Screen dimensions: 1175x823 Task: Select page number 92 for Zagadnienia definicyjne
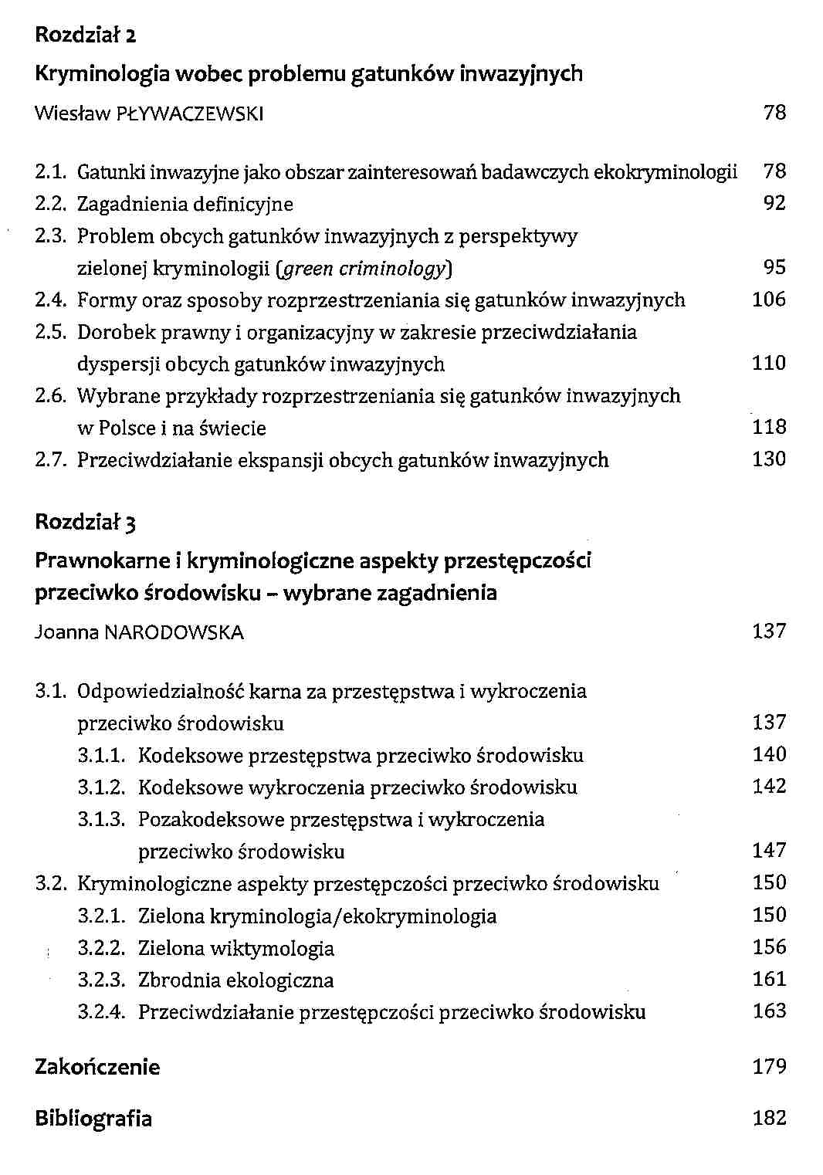774,203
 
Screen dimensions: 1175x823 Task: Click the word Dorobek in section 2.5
111,332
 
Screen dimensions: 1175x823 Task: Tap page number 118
769,426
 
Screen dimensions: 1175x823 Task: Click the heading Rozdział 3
86,523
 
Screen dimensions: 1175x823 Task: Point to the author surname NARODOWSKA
174,633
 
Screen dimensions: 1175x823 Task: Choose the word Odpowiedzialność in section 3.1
161,691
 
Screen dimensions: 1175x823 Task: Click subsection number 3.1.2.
101,787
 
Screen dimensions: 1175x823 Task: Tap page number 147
769,850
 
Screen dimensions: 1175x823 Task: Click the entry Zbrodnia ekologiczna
235,980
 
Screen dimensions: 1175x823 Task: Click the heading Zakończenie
97,1067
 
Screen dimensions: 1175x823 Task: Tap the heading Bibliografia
93,1118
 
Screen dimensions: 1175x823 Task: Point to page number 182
769,1118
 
